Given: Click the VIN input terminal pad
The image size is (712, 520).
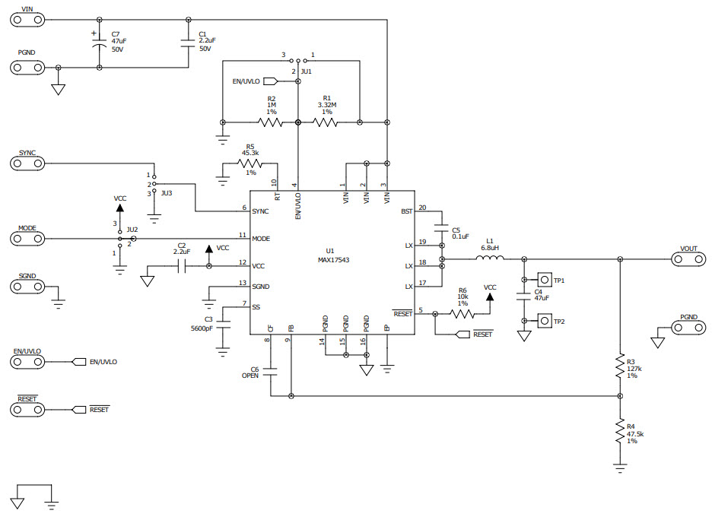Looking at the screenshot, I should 27,19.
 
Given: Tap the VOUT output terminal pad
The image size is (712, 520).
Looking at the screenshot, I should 689,259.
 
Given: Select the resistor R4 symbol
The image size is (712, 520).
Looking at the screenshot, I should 621,433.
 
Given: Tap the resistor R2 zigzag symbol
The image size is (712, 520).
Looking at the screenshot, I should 271,122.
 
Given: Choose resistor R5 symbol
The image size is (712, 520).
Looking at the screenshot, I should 250,163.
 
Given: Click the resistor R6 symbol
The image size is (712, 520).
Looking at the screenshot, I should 462,312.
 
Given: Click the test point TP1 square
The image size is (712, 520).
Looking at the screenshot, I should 544,280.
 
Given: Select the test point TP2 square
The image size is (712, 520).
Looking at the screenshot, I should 544,322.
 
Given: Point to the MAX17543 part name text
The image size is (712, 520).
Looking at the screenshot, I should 333,260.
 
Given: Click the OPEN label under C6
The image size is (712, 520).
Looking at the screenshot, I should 250,376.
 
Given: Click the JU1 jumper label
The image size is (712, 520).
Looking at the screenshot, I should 307,70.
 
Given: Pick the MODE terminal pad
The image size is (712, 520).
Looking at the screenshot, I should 27,238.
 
